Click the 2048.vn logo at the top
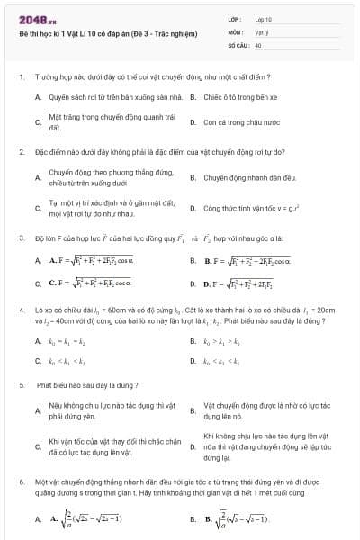[x=36, y=18]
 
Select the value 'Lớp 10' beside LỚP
[x=263, y=18]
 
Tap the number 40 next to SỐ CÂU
[x=258, y=43]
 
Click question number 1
[x=21, y=78]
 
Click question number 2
[x=21, y=152]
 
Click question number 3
[x=21, y=238]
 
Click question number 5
[x=21, y=384]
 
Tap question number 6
[x=21, y=482]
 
